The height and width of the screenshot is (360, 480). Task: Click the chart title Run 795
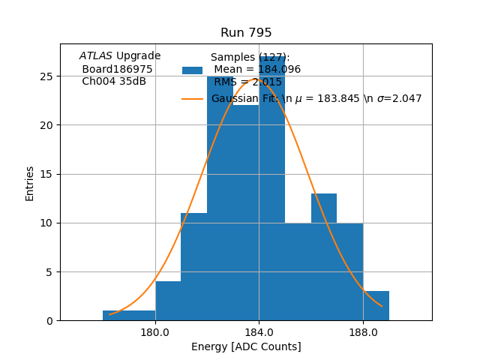(x=246, y=33)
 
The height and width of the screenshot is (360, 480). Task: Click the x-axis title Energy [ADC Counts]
(x=246, y=346)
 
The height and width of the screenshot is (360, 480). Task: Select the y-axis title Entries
(x=30, y=183)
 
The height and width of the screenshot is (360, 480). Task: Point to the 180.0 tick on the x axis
(x=155, y=331)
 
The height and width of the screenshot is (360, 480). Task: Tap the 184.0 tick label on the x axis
(x=259, y=331)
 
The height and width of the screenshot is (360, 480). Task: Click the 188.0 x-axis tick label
(x=363, y=331)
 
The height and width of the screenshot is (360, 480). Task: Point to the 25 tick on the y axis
(x=46, y=76)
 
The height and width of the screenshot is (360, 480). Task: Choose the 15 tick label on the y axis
(x=46, y=174)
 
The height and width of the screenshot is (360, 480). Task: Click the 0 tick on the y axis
(x=49, y=321)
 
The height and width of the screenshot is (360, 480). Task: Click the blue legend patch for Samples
(x=192, y=70)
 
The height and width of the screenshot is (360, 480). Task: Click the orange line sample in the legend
(x=192, y=98)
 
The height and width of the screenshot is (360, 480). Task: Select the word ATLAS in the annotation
(x=96, y=55)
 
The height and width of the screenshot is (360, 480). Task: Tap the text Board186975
(x=117, y=69)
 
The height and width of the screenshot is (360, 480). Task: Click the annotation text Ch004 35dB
(x=114, y=82)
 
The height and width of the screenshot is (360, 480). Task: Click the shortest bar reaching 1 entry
(x=129, y=316)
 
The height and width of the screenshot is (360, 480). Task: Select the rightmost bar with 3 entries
(x=376, y=306)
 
